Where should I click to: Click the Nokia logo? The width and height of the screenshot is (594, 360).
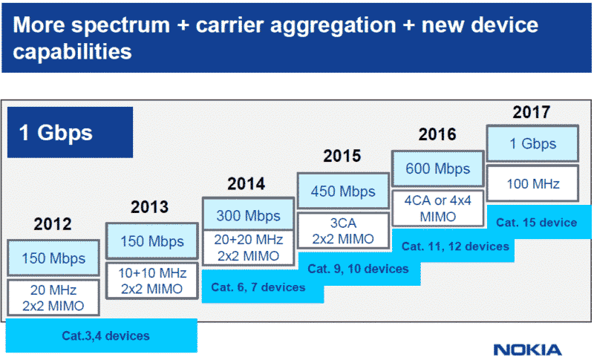click(x=527, y=349)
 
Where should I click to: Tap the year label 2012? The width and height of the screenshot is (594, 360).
click(x=53, y=224)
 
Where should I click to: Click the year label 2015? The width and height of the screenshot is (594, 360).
click(x=342, y=157)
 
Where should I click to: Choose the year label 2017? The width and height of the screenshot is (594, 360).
click(x=532, y=113)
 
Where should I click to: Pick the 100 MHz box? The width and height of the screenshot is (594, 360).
click(x=532, y=183)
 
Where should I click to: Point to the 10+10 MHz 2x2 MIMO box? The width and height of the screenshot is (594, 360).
click(x=151, y=280)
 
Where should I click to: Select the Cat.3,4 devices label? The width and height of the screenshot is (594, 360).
click(x=104, y=336)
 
